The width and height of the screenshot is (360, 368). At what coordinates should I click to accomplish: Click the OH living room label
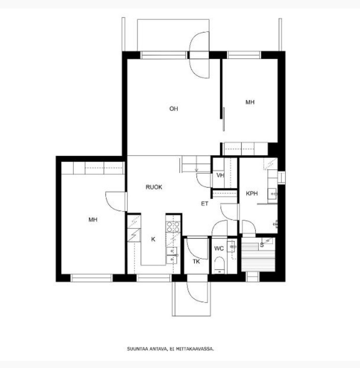[x=174, y=109]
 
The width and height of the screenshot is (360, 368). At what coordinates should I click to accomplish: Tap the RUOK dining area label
[x=154, y=187]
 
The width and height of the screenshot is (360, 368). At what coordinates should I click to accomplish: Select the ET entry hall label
[x=204, y=204]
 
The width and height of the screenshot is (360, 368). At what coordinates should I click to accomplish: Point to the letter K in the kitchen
[x=153, y=239]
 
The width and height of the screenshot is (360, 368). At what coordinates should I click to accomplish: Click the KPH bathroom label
[x=252, y=193]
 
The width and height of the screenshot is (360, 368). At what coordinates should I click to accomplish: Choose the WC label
[x=219, y=248]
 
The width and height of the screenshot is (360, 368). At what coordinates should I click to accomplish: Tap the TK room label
[x=196, y=261]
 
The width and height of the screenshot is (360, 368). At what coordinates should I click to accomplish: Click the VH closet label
[x=220, y=175]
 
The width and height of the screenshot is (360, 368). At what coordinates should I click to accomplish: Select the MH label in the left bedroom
[x=93, y=219]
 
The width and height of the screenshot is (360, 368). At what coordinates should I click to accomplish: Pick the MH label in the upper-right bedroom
[x=250, y=102]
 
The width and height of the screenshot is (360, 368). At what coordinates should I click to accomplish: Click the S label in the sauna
[x=262, y=245]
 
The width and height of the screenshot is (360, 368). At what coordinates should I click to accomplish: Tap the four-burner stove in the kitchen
[x=173, y=227]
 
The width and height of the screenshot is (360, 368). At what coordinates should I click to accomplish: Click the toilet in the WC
[x=219, y=265]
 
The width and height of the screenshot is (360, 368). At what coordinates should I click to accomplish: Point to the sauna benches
[x=258, y=258]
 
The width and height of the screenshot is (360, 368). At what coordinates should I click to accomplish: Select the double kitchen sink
[x=172, y=256]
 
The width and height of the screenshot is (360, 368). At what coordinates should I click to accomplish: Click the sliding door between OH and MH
[x=224, y=119]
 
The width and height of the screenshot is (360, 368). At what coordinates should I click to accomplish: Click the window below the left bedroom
[x=92, y=278]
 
